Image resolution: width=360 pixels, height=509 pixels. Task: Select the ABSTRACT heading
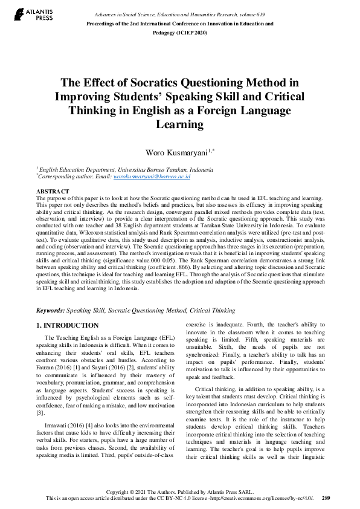pos(54,191)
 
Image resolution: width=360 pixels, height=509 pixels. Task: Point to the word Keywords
pos(50,310)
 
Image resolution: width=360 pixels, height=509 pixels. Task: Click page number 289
pos(326,498)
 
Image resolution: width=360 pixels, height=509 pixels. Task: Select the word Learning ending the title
pos(179,124)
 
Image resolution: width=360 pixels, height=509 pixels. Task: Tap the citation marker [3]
pos(40,413)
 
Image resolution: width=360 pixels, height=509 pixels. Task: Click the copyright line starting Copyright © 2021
pos(179,491)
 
